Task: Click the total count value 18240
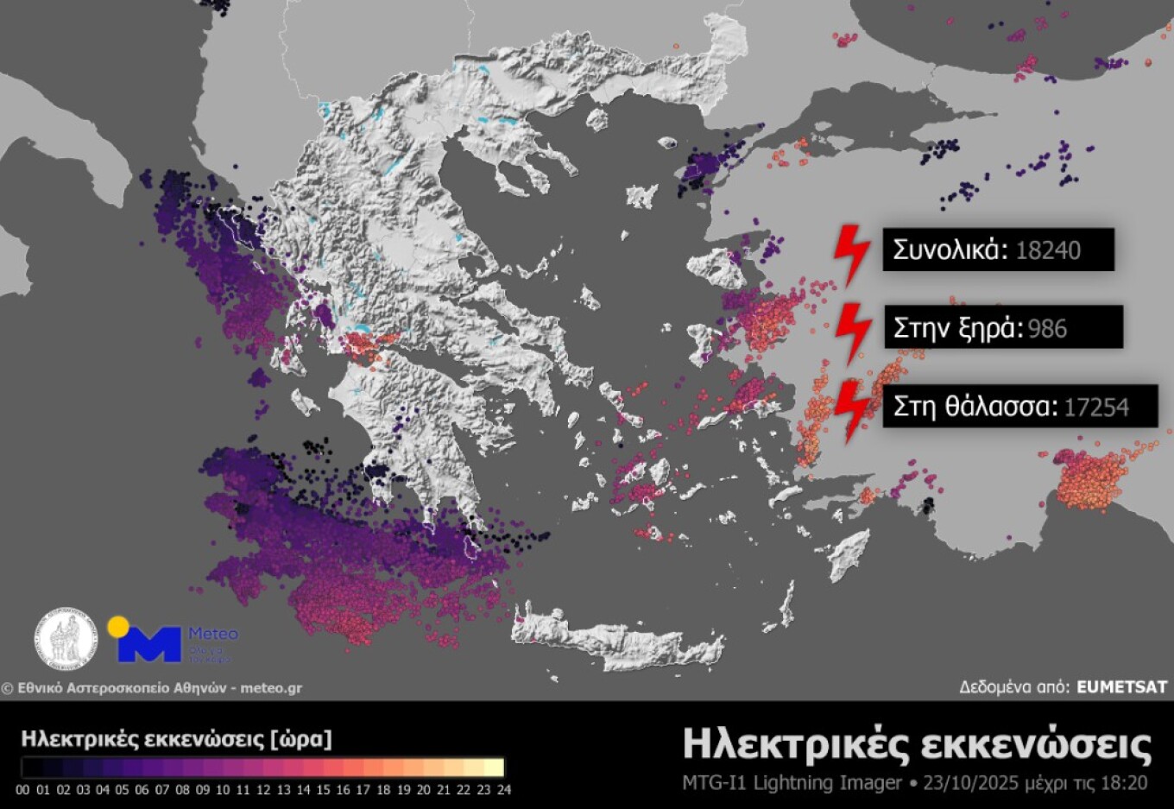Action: tap(1048, 250)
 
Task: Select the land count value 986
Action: tap(1048, 329)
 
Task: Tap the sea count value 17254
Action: tap(1096, 407)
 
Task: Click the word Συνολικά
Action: tap(950, 250)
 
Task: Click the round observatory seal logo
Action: tap(66, 639)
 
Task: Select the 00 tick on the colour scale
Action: tap(22, 789)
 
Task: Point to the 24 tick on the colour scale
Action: tap(503, 789)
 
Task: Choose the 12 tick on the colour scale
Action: tap(263, 789)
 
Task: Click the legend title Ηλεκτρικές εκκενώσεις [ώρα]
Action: tap(176, 739)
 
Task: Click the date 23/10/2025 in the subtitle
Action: tap(971, 783)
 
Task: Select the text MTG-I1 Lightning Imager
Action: tap(792, 783)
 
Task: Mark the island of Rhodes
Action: tap(849, 553)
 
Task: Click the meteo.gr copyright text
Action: tap(152, 688)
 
